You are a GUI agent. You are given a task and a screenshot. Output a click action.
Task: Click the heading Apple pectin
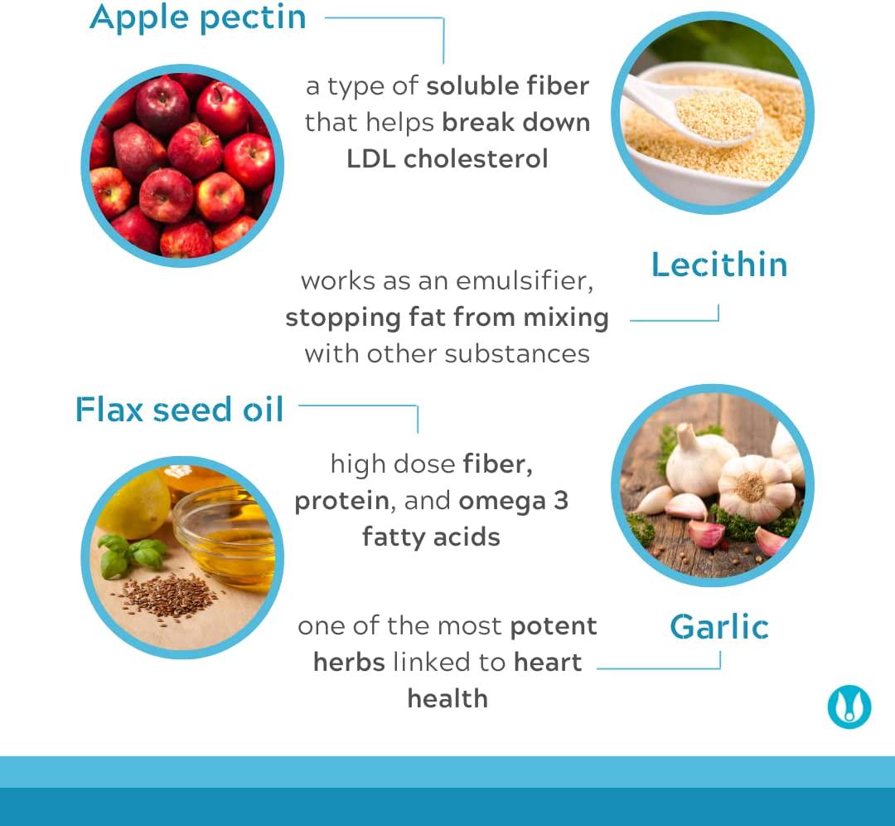point(197,17)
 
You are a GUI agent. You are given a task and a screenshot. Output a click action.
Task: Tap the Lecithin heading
point(719,265)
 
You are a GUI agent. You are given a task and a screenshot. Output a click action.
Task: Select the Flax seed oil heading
point(180,410)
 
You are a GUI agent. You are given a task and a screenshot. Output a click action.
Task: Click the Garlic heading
point(719,627)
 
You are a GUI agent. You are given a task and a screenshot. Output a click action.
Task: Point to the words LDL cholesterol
point(447,158)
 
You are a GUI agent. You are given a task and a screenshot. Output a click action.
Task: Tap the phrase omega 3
point(513,501)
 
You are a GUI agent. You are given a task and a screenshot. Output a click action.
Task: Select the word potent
point(554,626)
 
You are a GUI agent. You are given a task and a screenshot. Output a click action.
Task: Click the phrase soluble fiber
point(507,86)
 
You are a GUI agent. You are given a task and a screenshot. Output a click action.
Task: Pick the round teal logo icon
point(849,707)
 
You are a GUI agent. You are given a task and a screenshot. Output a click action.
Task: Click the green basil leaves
point(131,553)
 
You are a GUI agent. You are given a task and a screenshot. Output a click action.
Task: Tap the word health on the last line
point(447,698)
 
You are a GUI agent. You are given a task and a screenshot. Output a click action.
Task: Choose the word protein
point(341,501)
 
